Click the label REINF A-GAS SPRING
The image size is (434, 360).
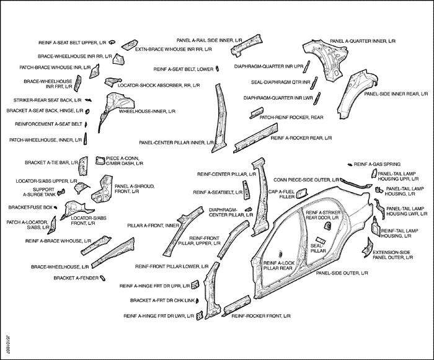click(x=377, y=164)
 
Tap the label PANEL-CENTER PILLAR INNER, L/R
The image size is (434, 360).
click(x=172, y=142)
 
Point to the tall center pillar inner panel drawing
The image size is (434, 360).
click(x=218, y=115)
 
